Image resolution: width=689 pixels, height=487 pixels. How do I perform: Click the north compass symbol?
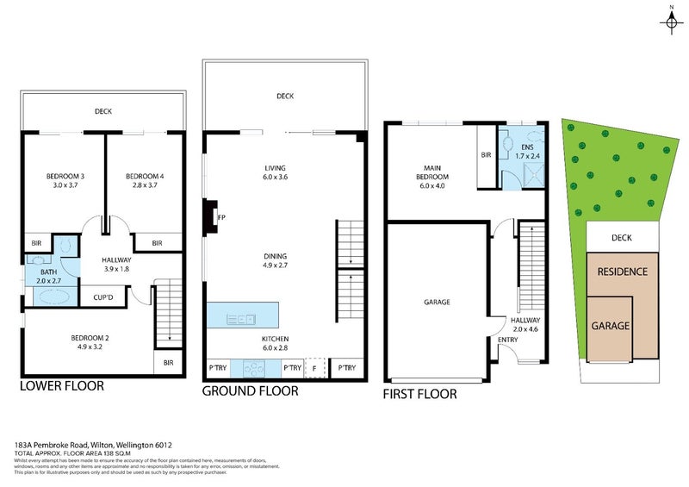(671, 21)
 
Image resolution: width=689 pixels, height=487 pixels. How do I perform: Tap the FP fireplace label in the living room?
(221, 217)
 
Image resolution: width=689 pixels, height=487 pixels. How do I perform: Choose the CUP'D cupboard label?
(102, 297)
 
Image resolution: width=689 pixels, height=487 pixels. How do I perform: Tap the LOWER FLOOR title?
(62, 386)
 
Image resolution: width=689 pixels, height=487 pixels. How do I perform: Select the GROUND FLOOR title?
(250, 391)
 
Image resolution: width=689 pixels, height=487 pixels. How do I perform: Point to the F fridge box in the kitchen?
(315, 368)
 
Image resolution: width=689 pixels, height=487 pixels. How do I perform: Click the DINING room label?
(276, 256)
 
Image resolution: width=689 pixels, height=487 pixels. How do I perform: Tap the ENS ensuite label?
(522, 147)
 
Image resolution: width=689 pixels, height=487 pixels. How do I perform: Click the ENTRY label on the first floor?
(508, 340)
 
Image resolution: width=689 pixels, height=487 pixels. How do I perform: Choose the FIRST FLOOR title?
(419, 395)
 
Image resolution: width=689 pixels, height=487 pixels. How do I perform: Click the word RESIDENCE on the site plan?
(622, 272)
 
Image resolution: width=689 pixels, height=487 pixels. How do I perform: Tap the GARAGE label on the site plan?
(611, 327)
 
